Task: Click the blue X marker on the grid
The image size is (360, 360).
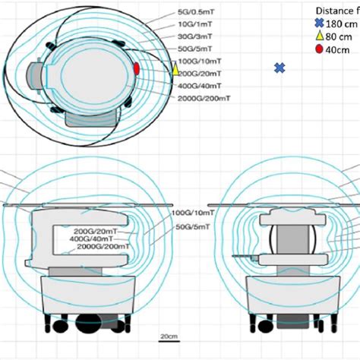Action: tap(280, 68)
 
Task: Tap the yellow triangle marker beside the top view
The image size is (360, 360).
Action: tap(176, 70)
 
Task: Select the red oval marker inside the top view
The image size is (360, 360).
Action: tap(137, 68)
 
